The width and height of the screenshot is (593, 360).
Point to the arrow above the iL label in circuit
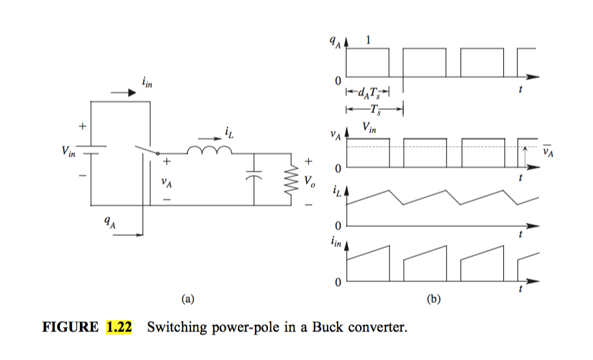[x=208, y=138]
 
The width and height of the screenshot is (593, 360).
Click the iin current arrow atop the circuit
[x=124, y=93]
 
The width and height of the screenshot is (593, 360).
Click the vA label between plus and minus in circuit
[x=167, y=182]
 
